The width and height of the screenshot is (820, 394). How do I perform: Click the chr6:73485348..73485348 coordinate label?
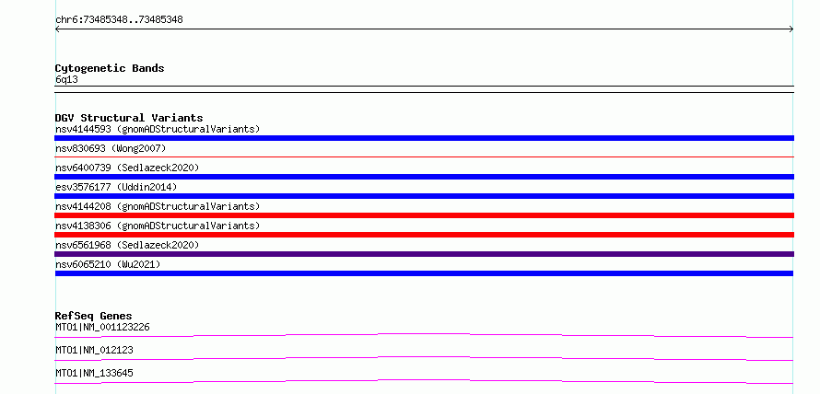click(119, 20)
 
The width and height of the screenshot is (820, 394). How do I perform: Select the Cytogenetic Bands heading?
click(110, 68)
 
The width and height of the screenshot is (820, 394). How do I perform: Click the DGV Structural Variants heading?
click(129, 118)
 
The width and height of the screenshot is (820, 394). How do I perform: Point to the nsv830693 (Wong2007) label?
click(111, 148)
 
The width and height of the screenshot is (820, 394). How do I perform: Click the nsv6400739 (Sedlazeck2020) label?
click(127, 168)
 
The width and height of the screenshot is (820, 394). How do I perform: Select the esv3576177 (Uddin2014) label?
click(116, 187)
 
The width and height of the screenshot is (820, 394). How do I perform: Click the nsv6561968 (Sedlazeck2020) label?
click(127, 245)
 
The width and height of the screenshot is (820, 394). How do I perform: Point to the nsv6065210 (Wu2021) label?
click(108, 264)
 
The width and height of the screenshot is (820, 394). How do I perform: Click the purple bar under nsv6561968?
click(424, 254)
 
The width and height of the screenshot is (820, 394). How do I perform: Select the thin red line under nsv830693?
click(424, 156)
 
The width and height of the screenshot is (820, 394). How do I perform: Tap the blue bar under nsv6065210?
click(424, 273)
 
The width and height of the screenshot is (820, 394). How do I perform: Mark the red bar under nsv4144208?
click(424, 215)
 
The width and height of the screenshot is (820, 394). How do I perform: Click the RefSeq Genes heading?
click(94, 316)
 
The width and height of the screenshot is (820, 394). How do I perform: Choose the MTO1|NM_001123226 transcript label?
click(102, 328)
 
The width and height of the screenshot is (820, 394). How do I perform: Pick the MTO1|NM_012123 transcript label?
click(94, 351)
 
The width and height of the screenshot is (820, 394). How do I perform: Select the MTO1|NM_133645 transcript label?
click(94, 374)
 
